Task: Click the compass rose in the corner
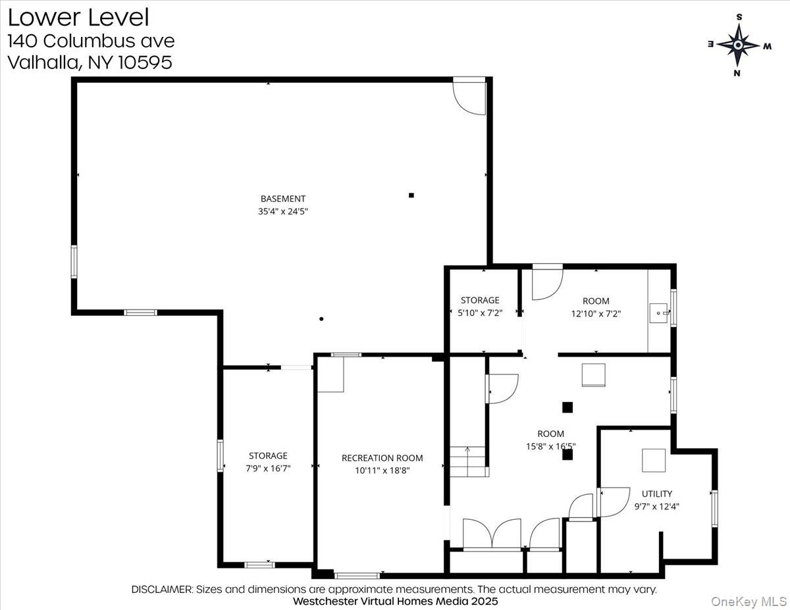click(739, 45)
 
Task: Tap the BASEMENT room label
click(283, 198)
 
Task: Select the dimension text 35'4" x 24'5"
click(283, 212)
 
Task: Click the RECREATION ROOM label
click(382, 458)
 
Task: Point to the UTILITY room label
click(657, 494)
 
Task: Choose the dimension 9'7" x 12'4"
click(657, 507)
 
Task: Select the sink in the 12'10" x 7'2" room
click(659, 312)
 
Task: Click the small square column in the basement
click(411, 195)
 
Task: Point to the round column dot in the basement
click(321, 319)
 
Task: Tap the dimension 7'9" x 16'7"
click(268, 468)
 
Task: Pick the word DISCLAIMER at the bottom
click(162, 589)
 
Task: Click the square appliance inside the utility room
click(654, 460)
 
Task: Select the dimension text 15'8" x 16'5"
click(550, 447)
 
